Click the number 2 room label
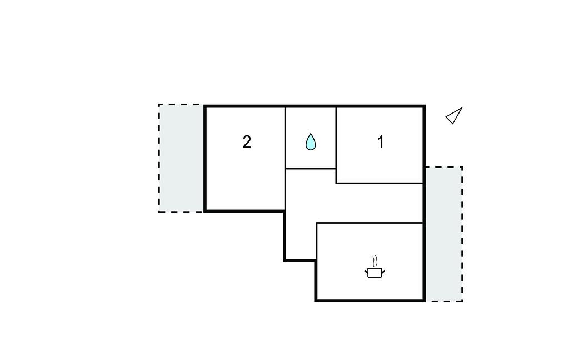click(x=247, y=142)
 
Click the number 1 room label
click(x=381, y=142)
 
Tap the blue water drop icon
click(x=311, y=141)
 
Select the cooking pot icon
click(x=375, y=272)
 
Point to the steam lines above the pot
click(x=375, y=261)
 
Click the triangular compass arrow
click(x=454, y=115)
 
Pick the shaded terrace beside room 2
click(x=181, y=158)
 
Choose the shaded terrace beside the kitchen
click(x=444, y=234)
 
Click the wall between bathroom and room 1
click(x=336, y=145)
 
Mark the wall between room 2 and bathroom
click(x=285, y=158)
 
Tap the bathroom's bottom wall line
click(x=311, y=168)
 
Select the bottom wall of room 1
click(x=380, y=183)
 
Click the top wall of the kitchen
click(x=370, y=223)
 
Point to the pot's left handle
click(x=366, y=271)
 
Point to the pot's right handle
click(x=383, y=271)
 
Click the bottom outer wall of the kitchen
click(x=370, y=301)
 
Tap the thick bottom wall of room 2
click(x=244, y=210)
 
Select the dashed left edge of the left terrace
click(x=159, y=158)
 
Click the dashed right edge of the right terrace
click(x=462, y=234)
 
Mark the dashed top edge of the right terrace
click(x=444, y=167)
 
